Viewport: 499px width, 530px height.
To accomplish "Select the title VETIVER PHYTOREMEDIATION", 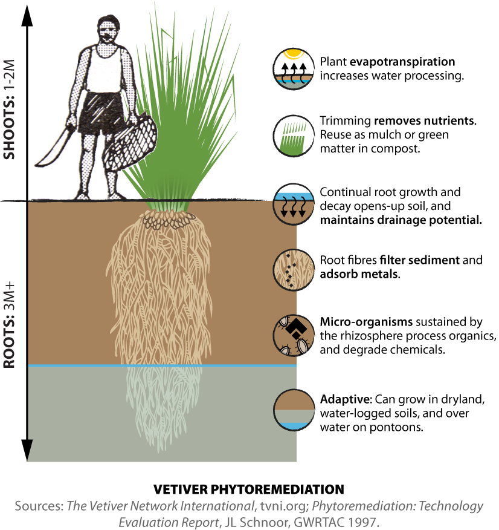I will tap(248, 489).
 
